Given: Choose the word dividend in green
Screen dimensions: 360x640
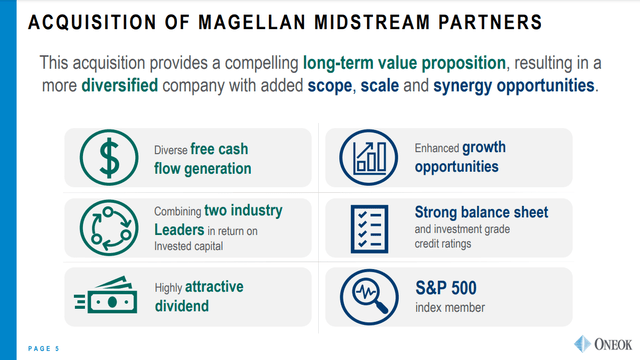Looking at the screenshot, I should (x=181, y=306).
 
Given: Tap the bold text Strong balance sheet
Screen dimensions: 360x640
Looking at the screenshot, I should (x=481, y=212).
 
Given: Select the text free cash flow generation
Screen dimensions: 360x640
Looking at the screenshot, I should (x=202, y=157).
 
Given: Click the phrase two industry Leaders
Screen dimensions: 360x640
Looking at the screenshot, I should (x=218, y=220).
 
